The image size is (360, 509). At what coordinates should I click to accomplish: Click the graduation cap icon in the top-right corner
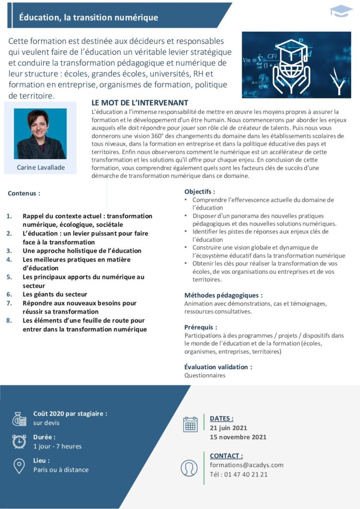click(342, 11)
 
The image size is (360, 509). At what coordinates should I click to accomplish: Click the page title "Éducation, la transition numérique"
click(89, 18)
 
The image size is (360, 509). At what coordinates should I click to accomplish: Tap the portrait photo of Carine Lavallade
click(40, 134)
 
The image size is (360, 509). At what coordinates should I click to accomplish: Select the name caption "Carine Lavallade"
click(41, 168)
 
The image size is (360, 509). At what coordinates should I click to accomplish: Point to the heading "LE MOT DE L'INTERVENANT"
click(140, 102)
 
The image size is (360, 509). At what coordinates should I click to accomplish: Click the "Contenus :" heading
click(24, 193)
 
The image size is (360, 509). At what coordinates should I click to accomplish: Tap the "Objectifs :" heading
click(200, 191)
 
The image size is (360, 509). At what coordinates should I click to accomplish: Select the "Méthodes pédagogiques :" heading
click(223, 295)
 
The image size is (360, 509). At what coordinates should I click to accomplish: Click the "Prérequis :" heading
click(201, 327)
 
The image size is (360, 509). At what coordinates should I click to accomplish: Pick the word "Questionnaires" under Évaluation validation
click(205, 375)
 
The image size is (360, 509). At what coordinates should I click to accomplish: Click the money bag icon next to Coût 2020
click(19, 419)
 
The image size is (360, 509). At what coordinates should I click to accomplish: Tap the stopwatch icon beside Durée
click(19, 441)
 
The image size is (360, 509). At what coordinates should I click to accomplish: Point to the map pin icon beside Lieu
click(19, 466)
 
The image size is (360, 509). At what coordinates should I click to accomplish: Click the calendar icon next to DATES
click(190, 424)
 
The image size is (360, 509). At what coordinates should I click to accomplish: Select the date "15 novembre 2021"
click(238, 437)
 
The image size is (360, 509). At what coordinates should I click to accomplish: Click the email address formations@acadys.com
click(247, 465)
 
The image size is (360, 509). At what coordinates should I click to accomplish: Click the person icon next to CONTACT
click(190, 468)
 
